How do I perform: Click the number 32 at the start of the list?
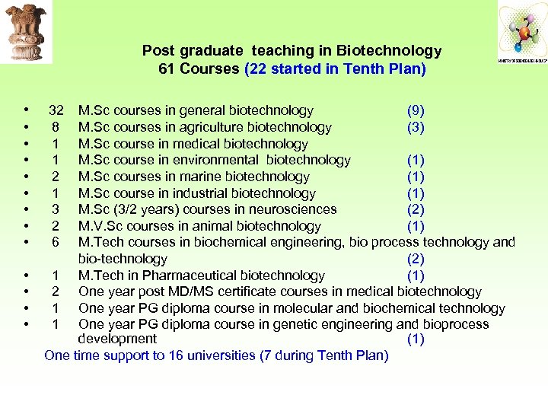tap(56, 111)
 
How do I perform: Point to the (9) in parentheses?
tap(416, 111)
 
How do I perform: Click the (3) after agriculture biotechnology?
tap(416, 128)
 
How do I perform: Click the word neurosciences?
tap(294, 209)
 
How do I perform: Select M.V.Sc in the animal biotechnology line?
tap(103, 226)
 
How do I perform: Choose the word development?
tap(117, 339)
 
